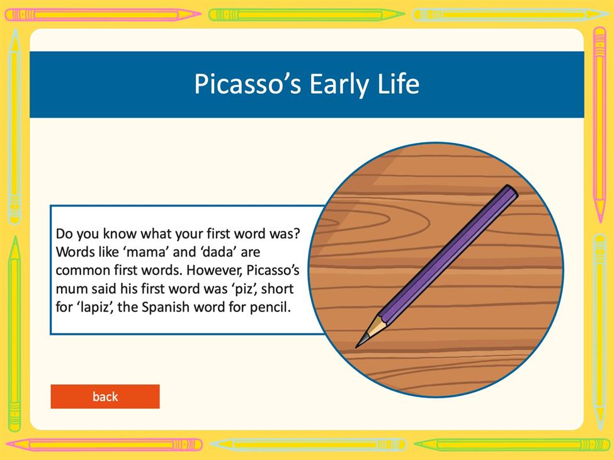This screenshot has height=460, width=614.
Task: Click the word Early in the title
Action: (339, 85)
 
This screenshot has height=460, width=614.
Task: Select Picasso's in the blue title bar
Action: (247, 84)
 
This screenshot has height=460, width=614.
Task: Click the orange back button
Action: (105, 396)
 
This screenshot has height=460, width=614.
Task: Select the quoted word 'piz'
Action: (244, 289)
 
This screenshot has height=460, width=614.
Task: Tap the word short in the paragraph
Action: (277, 289)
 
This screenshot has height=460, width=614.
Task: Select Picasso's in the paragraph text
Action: (273, 271)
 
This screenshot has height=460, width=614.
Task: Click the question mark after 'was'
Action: (297, 233)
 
